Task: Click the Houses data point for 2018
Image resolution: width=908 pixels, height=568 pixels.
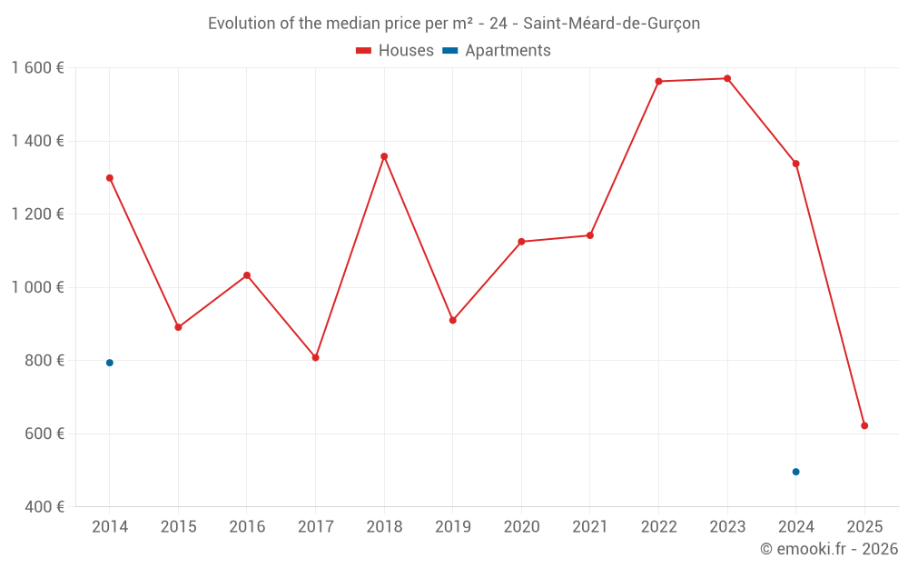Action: point(384,156)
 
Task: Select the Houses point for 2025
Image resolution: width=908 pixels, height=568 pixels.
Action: point(864,425)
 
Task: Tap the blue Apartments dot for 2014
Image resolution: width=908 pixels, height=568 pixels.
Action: point(110,363)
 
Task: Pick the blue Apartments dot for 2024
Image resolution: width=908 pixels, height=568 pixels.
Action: point(796,472)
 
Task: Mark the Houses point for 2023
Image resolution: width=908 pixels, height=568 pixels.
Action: point(727,78)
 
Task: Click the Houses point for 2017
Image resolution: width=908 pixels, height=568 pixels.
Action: point(316,357)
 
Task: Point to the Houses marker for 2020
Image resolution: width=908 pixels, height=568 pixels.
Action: point(521,242)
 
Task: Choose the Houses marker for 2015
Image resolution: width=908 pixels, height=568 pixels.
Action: point(178,327)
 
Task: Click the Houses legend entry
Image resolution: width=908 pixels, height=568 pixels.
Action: point(395,51)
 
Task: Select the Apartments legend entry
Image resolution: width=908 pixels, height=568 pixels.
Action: point(497,51)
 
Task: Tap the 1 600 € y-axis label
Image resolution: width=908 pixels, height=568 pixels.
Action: point(37,68)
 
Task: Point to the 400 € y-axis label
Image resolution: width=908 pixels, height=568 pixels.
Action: point(45,506)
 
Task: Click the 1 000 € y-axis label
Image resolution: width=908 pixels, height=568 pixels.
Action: point(37,287)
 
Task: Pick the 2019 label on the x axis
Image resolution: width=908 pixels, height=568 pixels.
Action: point(452,527)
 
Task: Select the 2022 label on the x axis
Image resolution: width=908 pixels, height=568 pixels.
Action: point(658,527)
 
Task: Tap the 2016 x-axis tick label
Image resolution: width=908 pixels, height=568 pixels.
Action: point(247,527)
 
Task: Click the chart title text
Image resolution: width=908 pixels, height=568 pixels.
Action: point(454,24)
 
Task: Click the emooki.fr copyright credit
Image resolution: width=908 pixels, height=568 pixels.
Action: point(828,549)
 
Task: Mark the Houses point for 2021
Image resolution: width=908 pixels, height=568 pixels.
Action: point(590,235)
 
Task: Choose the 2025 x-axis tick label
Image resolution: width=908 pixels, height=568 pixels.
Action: point(864,527)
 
